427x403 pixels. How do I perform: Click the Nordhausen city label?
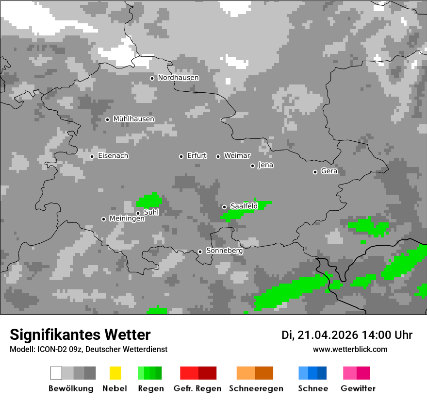click(178, 78)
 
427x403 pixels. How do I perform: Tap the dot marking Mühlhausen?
click(108, 119)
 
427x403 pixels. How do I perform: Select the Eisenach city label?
click(113, 156)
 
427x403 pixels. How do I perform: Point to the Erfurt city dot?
click(181, 156)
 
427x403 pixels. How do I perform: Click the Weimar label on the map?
click(237, 156)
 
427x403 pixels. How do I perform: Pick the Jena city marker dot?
click(253, 166)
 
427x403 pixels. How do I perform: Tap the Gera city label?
click(329, 171)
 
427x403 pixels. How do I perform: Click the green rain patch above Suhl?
click(149, 200)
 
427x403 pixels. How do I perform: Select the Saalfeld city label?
click(244, 206)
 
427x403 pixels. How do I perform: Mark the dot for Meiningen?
click(104, 219)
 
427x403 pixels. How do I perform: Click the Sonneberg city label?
click(224, 251)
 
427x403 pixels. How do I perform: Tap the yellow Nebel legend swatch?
click(115, 373)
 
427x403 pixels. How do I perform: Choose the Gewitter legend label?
click(358, 388)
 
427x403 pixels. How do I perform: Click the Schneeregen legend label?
click(256, 388)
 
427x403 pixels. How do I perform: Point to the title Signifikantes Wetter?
click(80, 335)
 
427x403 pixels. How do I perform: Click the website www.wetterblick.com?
click(350, 349)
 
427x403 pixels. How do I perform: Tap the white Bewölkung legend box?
click(56, 373)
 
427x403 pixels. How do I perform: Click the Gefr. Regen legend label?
click(197, 388)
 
